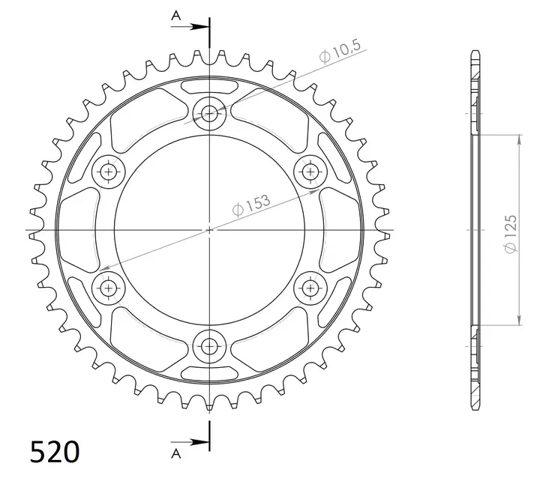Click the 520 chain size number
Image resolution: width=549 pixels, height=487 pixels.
point(54,452)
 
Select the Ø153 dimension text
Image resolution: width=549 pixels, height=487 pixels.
point(251,206)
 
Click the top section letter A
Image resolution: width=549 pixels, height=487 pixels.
point(175,14)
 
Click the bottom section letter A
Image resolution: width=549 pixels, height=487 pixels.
point(175,453)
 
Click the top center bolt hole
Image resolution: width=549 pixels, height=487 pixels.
point(209,114)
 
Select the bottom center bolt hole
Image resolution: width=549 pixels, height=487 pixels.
point(209,346)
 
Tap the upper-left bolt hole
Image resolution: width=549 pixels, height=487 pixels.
point(109,173)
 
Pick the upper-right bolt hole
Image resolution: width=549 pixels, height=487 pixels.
point(309,172)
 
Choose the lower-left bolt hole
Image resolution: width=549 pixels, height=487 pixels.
point(109,286)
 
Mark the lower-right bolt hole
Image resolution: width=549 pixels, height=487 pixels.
point(309,286)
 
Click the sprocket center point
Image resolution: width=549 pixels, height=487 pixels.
point(209,229)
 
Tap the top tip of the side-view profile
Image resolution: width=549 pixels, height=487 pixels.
point(475,52)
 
